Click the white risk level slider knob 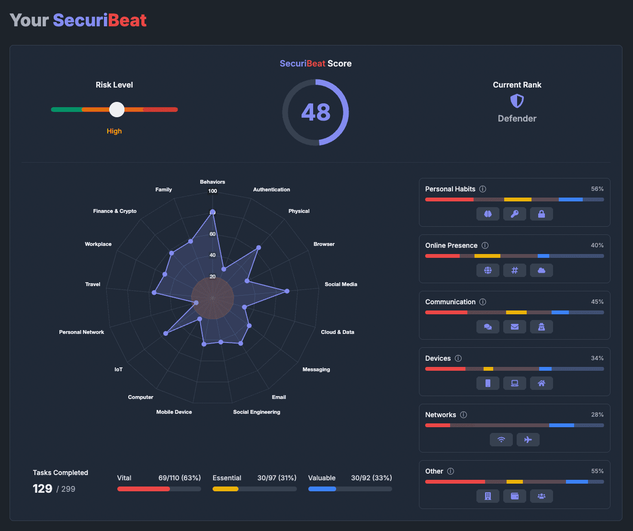click(116, 110)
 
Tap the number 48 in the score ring click(316, 112)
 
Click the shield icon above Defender click(517, 101)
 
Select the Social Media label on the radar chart click(340, 284)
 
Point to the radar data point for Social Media click(287, 291)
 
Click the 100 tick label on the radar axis click(212, 191)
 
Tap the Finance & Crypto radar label click(115, 211)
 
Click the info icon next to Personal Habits click(483, 189)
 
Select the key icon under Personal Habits click(514, 214)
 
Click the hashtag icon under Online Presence click(514, 270)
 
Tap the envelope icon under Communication click(514, 327)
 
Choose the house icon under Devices click(541, 383)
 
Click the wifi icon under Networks click(501, 440)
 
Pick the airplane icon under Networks click(528, 440)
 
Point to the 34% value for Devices click(597, 358)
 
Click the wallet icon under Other click(514, 496)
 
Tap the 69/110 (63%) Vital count click(180, 478)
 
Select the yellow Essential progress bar click(226, 489)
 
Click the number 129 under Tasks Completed click(43, 488)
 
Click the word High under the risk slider click(114, 131)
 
